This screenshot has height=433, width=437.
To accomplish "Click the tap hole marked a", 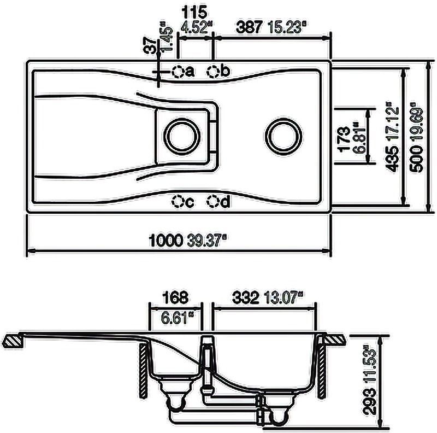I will [178, 72].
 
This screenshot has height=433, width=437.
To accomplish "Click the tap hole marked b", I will [214, 72].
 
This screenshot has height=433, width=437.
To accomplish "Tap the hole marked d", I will [214, 202].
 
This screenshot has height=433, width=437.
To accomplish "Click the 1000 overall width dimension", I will [164, 239].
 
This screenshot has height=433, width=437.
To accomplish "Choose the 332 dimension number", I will [247, 298].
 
